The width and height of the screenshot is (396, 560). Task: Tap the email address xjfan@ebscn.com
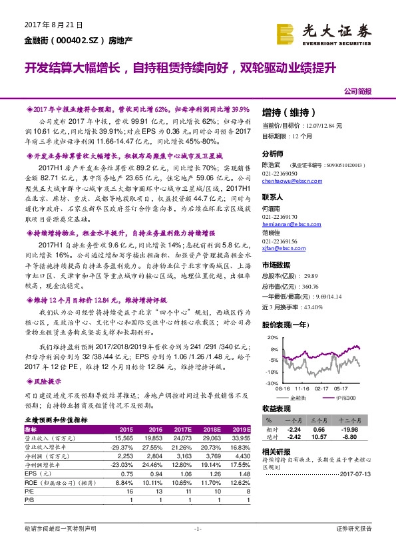[x=285, y=246]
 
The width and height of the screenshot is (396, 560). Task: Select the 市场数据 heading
[x=276, y=265]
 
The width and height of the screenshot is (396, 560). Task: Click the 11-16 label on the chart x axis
[x=303, y=388]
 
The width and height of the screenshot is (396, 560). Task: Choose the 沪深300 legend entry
[x=345, y=398]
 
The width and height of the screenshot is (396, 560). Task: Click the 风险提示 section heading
[x=47, y=382]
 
